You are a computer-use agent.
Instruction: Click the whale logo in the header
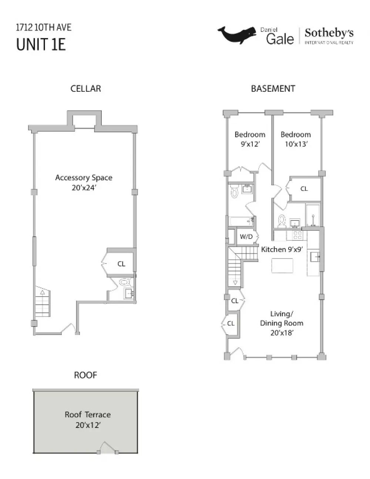237,35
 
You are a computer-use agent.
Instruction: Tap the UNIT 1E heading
41,44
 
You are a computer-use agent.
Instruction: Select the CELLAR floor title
85,89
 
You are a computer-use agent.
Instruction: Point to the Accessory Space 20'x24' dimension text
84,188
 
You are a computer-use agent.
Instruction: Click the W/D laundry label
246,236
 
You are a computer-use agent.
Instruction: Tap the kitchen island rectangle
282,266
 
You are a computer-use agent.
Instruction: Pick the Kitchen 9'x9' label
282,249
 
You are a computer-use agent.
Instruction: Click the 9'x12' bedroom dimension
250,144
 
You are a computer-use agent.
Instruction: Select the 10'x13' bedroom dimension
296,144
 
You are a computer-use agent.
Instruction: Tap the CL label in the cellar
121,264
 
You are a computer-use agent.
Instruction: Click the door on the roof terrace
108,448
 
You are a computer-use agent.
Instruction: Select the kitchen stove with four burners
297,235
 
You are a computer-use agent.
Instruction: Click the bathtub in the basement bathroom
241,221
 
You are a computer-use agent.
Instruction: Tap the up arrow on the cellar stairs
42,292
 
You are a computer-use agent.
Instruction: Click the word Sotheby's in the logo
329,33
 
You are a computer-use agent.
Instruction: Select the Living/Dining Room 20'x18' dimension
282,333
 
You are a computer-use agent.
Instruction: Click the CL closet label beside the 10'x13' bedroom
304,189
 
